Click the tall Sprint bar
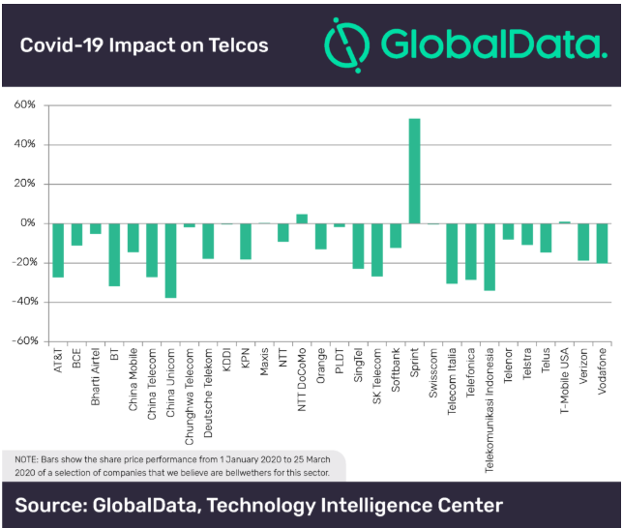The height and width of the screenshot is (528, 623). click(414, 171)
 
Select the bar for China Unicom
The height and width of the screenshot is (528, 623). click(170, 260)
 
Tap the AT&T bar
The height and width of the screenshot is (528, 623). click(58, 249)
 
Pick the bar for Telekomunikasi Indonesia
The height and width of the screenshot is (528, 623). click(489, 256)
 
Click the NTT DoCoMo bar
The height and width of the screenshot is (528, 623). click(302, 219)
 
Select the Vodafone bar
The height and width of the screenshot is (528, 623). click(602, 243)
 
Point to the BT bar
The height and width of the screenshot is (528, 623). click(114, 254)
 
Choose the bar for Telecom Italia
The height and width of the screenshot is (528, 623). click(452, 252)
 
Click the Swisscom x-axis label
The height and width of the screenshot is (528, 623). click(433, 368)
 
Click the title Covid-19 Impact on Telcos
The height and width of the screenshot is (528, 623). click(144, 45)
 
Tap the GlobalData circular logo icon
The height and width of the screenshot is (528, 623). click(345, 44)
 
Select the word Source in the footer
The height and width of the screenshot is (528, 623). click(57, 505)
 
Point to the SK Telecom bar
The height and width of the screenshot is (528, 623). click(377, 249)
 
